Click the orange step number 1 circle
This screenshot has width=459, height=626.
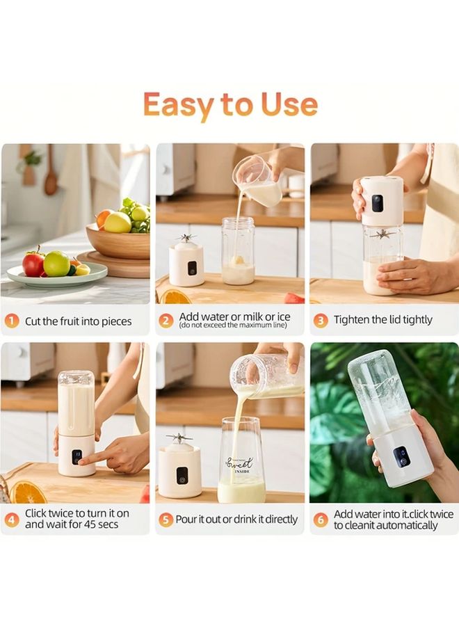(12, 321)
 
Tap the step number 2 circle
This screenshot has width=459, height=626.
(166, 321)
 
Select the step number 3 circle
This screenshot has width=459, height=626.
(321, 321)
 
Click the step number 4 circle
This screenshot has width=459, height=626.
(12, 519)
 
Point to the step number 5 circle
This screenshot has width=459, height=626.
(166, 519)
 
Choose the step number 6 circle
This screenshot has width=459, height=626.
(321, 519)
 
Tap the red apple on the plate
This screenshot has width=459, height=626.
(33, 264)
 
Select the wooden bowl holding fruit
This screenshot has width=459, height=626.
(118, 241)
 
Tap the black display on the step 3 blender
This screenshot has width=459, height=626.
(376, 203)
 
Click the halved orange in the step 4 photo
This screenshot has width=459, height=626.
(28, 493)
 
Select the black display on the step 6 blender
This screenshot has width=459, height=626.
(401, 456)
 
